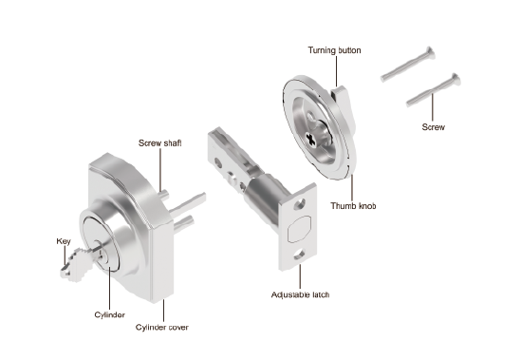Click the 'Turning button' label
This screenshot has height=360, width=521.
click(x=334, y=50)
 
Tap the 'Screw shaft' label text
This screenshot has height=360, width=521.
click(x=159, y=143)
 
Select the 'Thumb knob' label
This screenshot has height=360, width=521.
click(x=353, y=206)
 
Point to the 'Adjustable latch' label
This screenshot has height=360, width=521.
click(x=300, y=294)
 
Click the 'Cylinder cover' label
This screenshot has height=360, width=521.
click(x=162, y=328)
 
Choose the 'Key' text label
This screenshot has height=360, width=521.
click(x=64, y=241)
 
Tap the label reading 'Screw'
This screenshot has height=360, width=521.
click(x=433, y=127)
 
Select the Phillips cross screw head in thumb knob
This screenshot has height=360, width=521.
click(x=311, y=140)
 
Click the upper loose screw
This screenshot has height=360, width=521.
click(x=408, y=64)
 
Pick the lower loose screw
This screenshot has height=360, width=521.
click(x=434, y=90)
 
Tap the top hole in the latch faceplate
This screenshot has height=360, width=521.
click(x=299, y=204)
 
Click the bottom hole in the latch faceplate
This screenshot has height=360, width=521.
click(x=299, y=255)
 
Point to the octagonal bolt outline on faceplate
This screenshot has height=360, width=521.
click(x=299, y=229)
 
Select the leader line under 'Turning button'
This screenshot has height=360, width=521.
click(x=336, y=71)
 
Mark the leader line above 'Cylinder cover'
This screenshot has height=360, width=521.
click(x=163, y=310)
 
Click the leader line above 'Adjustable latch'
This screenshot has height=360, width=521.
click(x=300, y=276)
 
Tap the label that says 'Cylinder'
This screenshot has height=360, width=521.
click(x=110, y=314)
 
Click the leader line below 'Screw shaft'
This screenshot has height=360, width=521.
click(x=160, y=170)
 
